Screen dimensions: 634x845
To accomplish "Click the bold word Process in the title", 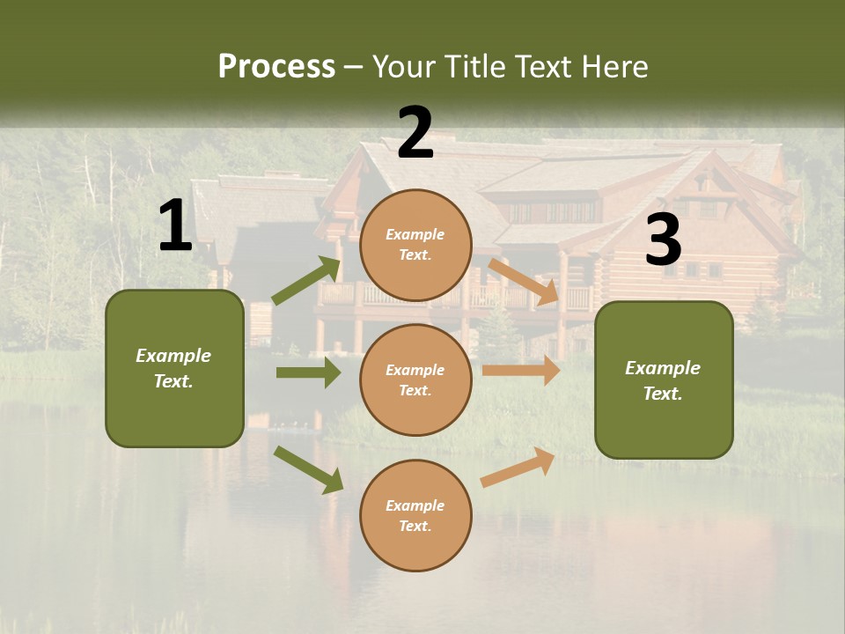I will tap(276, 67).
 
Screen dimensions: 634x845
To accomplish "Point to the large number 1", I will tap(175, 226).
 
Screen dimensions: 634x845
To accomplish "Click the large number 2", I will tap(415, 133).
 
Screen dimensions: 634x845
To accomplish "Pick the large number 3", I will tap(663, 240).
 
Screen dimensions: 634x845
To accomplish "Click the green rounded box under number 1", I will tap(174, 368).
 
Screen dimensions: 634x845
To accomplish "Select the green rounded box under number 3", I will tap(664, 380).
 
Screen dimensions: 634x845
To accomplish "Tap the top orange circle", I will tap(415, 245).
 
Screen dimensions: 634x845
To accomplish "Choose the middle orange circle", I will tap(415, 380).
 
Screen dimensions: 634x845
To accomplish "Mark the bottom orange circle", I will tap(415, 515).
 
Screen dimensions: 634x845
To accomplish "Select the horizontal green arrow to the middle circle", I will tap(308, 372).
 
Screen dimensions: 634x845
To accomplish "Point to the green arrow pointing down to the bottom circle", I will tap(308, 469).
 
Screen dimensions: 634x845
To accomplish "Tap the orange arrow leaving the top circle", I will tap(524, 282).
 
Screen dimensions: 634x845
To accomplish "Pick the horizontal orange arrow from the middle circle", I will tap(521, 371).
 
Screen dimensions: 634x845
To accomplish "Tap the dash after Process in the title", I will tap(354, 67).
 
